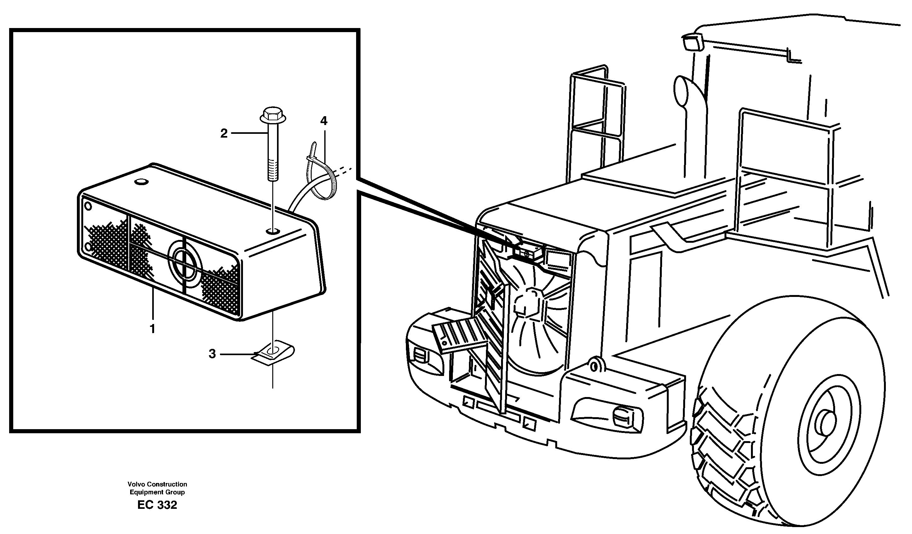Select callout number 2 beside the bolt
pyautogui.click(x=224, y=133)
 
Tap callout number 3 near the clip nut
pyautogui.click(x=212, y=354)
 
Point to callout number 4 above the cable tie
pyautogui.click(x=324, y=121)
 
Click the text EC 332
pyautogui.click(x=157, y=505)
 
